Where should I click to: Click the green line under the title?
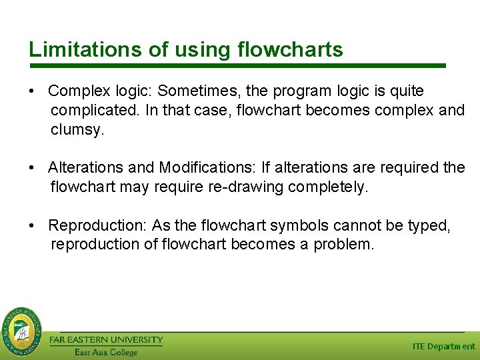237,66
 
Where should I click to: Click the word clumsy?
77,130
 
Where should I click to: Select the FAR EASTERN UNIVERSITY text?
106,339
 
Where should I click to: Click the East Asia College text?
106,352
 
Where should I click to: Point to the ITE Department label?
443,346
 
